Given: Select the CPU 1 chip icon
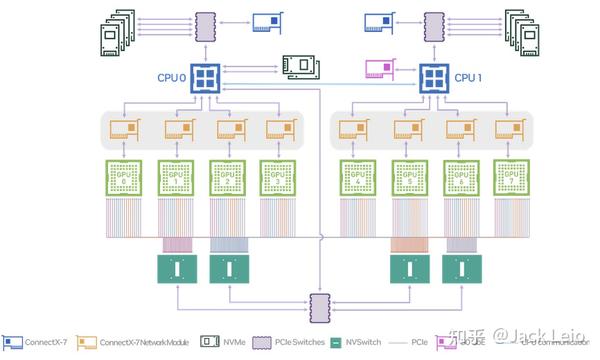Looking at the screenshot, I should point(434,77).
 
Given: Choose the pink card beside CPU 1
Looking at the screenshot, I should point(380,69).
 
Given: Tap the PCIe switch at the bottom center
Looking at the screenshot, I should point(319,304).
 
